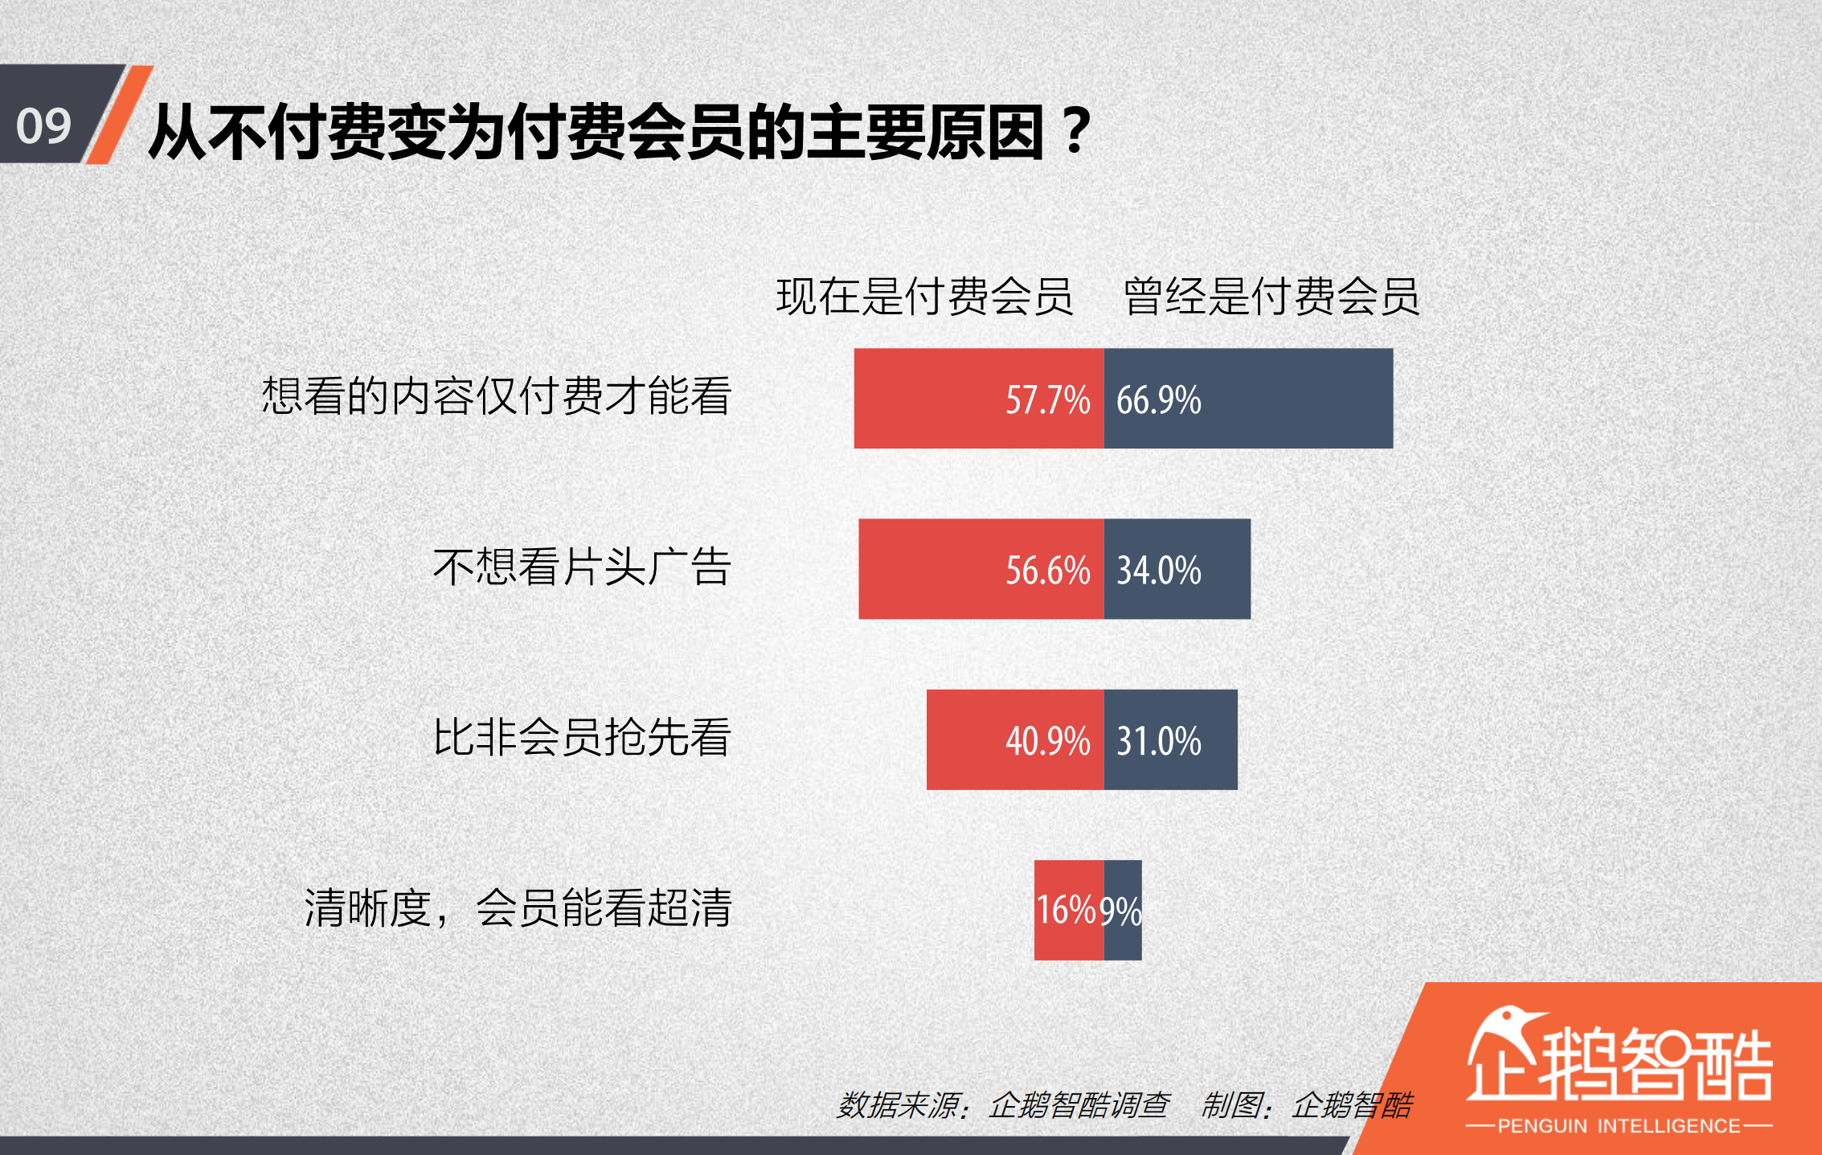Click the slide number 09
[44, 126]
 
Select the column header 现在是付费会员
[924, 296]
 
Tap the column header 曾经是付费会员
[1271, 296]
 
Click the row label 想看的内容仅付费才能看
[496, 396]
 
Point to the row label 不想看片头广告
[582, 567]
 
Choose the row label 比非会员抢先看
[582, 737]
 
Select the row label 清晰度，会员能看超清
[518, 908]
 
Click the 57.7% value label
[1047, 399]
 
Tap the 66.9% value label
[1158, 399]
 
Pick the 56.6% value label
[1047, 570]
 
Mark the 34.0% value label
[1158, 570]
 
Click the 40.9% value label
[1047, 740]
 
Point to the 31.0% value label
[1158, 740]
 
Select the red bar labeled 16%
[1068, 910]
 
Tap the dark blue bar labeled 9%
[1123, 910]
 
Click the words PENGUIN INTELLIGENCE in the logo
[1619, 1126]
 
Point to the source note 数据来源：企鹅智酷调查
[1003, 1105]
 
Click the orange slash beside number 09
[119, 114]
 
